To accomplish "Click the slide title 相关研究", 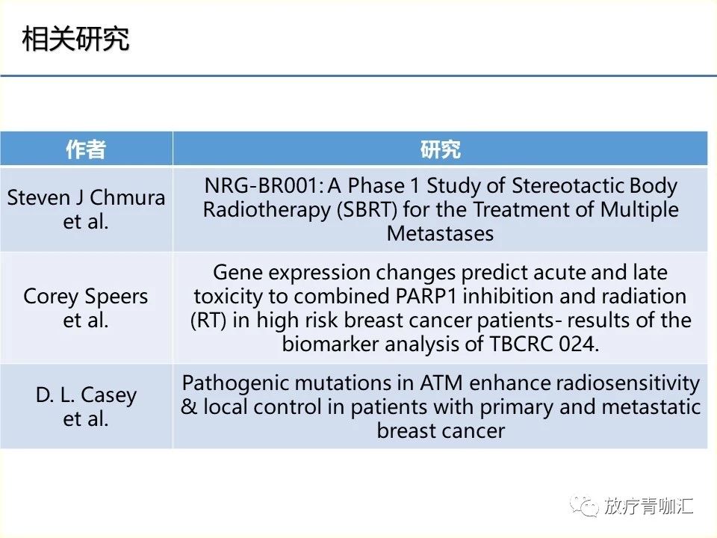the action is click(x=75, y=39).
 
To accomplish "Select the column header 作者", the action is click(x=86, y=149).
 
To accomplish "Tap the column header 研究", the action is click(x=441, y=149).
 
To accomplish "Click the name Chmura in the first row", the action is click(x=127, y=197).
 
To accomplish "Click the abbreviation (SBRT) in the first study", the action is click(x=367, y=210).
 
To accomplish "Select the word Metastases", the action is click(x=441, y=234).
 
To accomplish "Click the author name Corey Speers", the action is click(x=85, y=297).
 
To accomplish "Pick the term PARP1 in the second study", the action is click(x=426, y=297).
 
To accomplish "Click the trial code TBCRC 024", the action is click(x=544, y=344).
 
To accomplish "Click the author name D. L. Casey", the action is click(x=86, y=395).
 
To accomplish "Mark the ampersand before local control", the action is click(x=189, y=407).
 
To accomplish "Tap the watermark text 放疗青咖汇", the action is click(x=648, y=506).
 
